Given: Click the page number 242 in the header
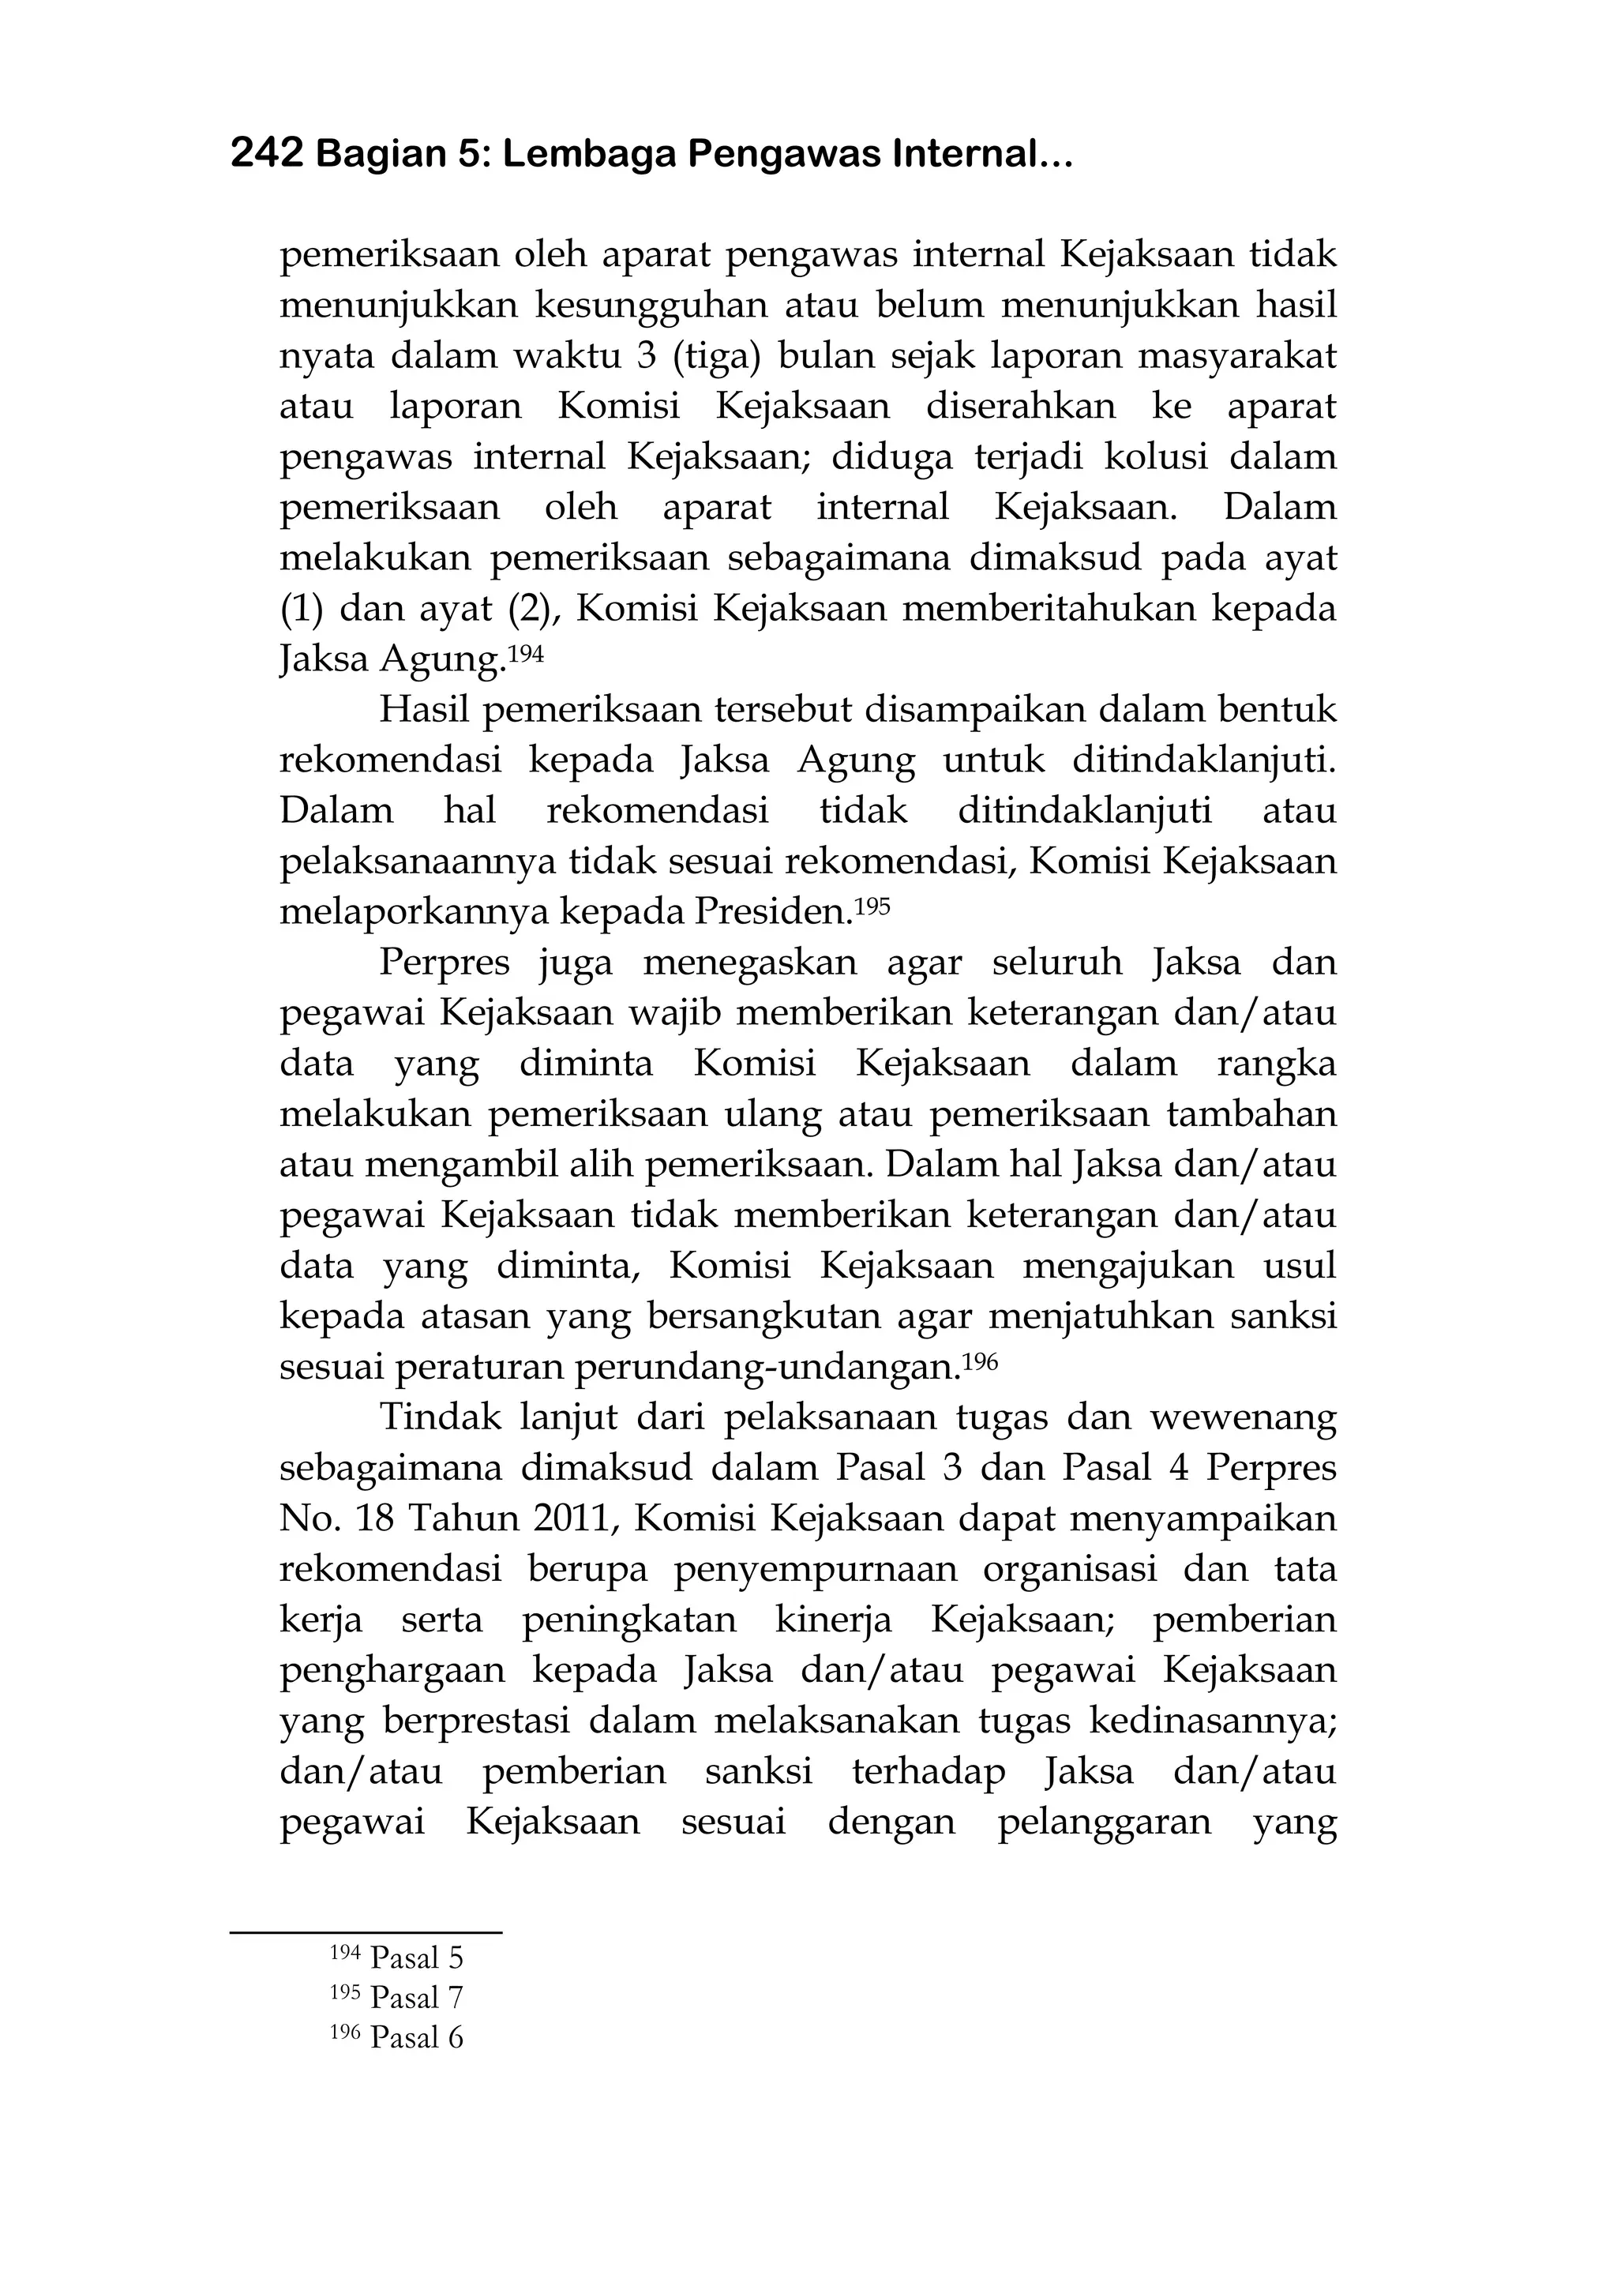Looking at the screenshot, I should pyautogui.click(x=266, y=154).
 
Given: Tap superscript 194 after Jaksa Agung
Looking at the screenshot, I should pyautogui.click(x=527, y=653).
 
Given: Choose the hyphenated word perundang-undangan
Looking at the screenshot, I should pyautogui.click(x=767, y=1368).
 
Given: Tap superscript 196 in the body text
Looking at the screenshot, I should pyautogui.click(x=980, y=1360).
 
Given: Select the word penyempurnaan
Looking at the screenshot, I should pyautogui.click(x=816, y=1570).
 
